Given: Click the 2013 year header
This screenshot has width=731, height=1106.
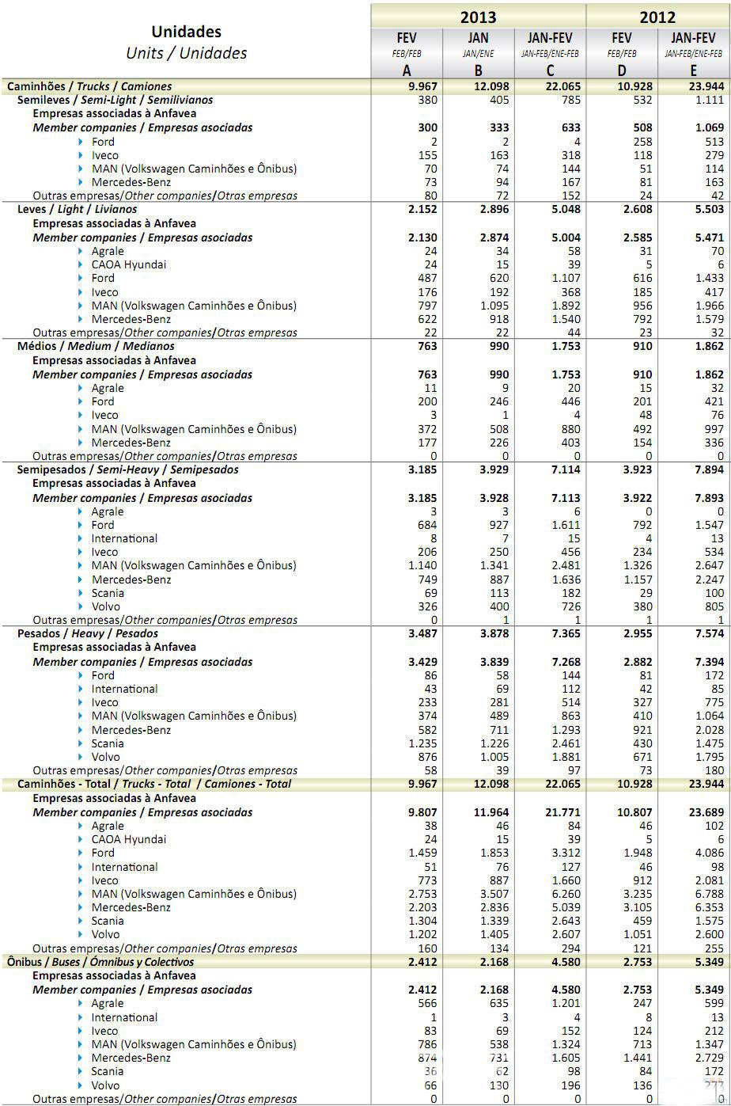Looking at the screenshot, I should coord(478,17).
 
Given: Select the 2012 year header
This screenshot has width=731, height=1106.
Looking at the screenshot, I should coord(657,17).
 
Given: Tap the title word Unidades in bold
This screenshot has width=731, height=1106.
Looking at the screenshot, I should coord(186,32).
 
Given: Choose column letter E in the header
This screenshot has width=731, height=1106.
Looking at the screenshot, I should coord(694,70).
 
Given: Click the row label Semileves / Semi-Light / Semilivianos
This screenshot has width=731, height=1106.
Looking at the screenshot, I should coord(115,100).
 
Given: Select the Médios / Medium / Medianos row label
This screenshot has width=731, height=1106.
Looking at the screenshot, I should coord(96,346).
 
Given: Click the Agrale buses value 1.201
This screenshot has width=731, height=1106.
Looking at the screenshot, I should coord(565,1003).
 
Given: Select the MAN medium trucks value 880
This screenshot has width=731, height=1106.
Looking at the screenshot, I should coord(569,429).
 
